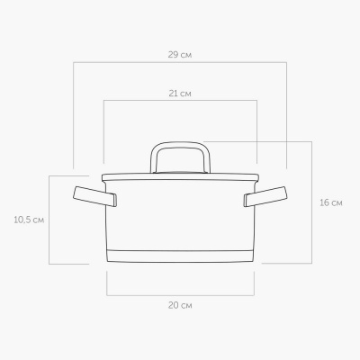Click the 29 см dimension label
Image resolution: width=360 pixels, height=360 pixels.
[x=180, y=55]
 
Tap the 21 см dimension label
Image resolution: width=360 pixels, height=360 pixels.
[x=180, y=94]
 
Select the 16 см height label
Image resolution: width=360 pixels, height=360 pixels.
[x=330, y=202]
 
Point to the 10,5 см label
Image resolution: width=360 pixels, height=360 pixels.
[x=29, y=220]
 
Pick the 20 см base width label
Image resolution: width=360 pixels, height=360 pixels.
[x=180, y=305]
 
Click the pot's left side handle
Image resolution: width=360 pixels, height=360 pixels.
[x=94, y=196]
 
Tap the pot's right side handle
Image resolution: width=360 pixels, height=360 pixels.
[x=265, y=196]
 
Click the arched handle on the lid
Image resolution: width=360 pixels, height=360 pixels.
[x=180, y=144]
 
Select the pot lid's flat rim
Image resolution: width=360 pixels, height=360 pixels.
[x=180, y=177]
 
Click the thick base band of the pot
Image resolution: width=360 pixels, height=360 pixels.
[x=180, y=256]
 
